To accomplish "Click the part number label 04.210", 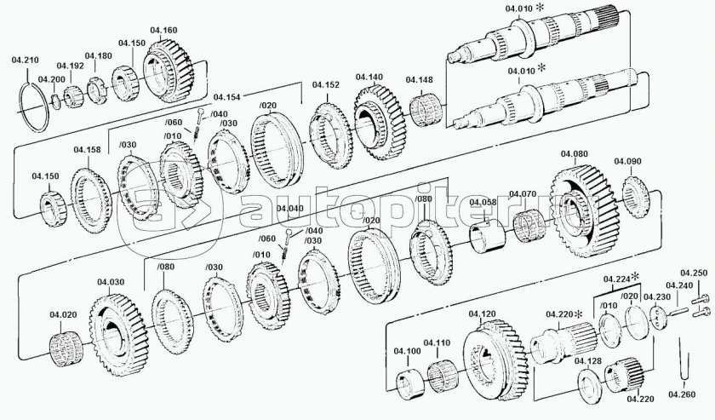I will pos(24,60).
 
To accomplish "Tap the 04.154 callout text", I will pos(226,97).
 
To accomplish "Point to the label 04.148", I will pos(420,81).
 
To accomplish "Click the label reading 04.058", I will pos(483,203).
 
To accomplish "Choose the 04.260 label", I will pos(681,394).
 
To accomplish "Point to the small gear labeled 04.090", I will pos(635,194).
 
